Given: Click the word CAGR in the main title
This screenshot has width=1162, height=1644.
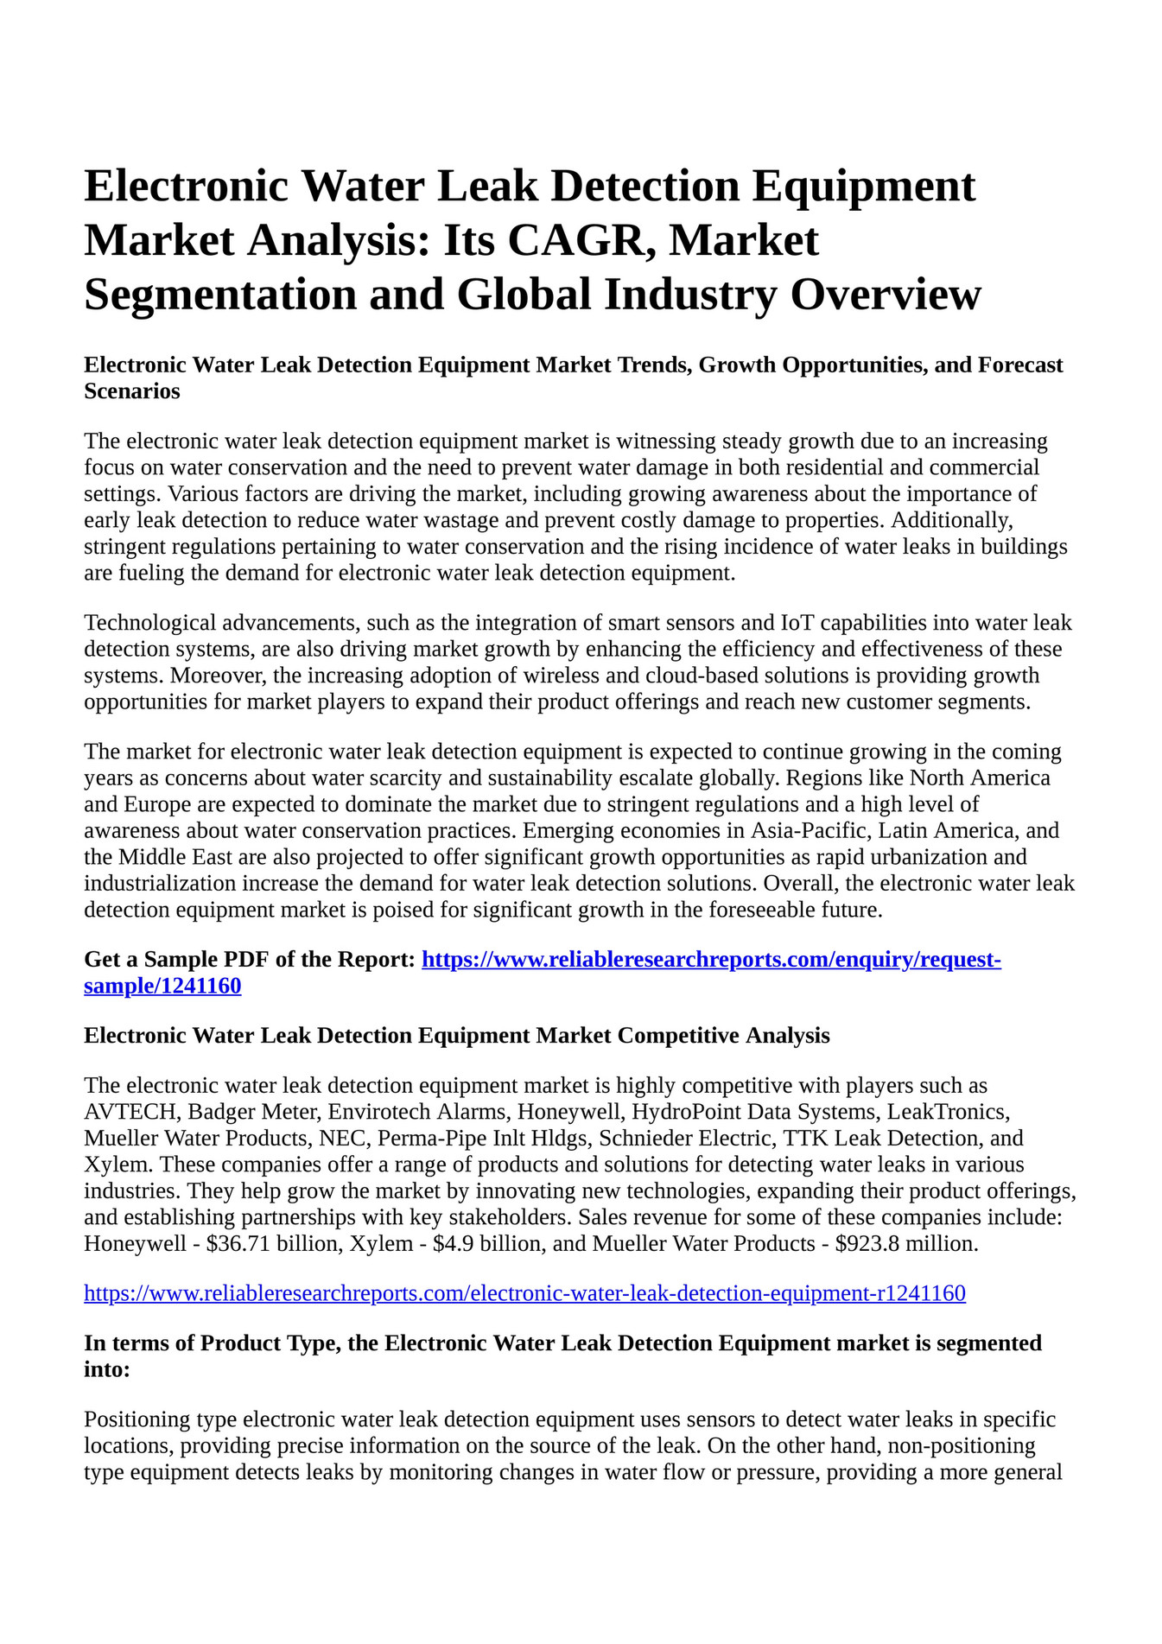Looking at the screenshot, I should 574,240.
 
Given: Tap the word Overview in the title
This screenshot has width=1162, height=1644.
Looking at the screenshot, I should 886,294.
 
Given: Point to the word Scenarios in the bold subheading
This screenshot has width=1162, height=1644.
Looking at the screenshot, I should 132,391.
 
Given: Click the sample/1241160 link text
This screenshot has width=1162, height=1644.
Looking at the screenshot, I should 162,986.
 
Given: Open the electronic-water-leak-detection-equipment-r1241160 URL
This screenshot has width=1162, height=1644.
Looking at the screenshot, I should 524,1293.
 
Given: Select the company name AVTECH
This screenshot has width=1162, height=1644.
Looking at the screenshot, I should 129,1112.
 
